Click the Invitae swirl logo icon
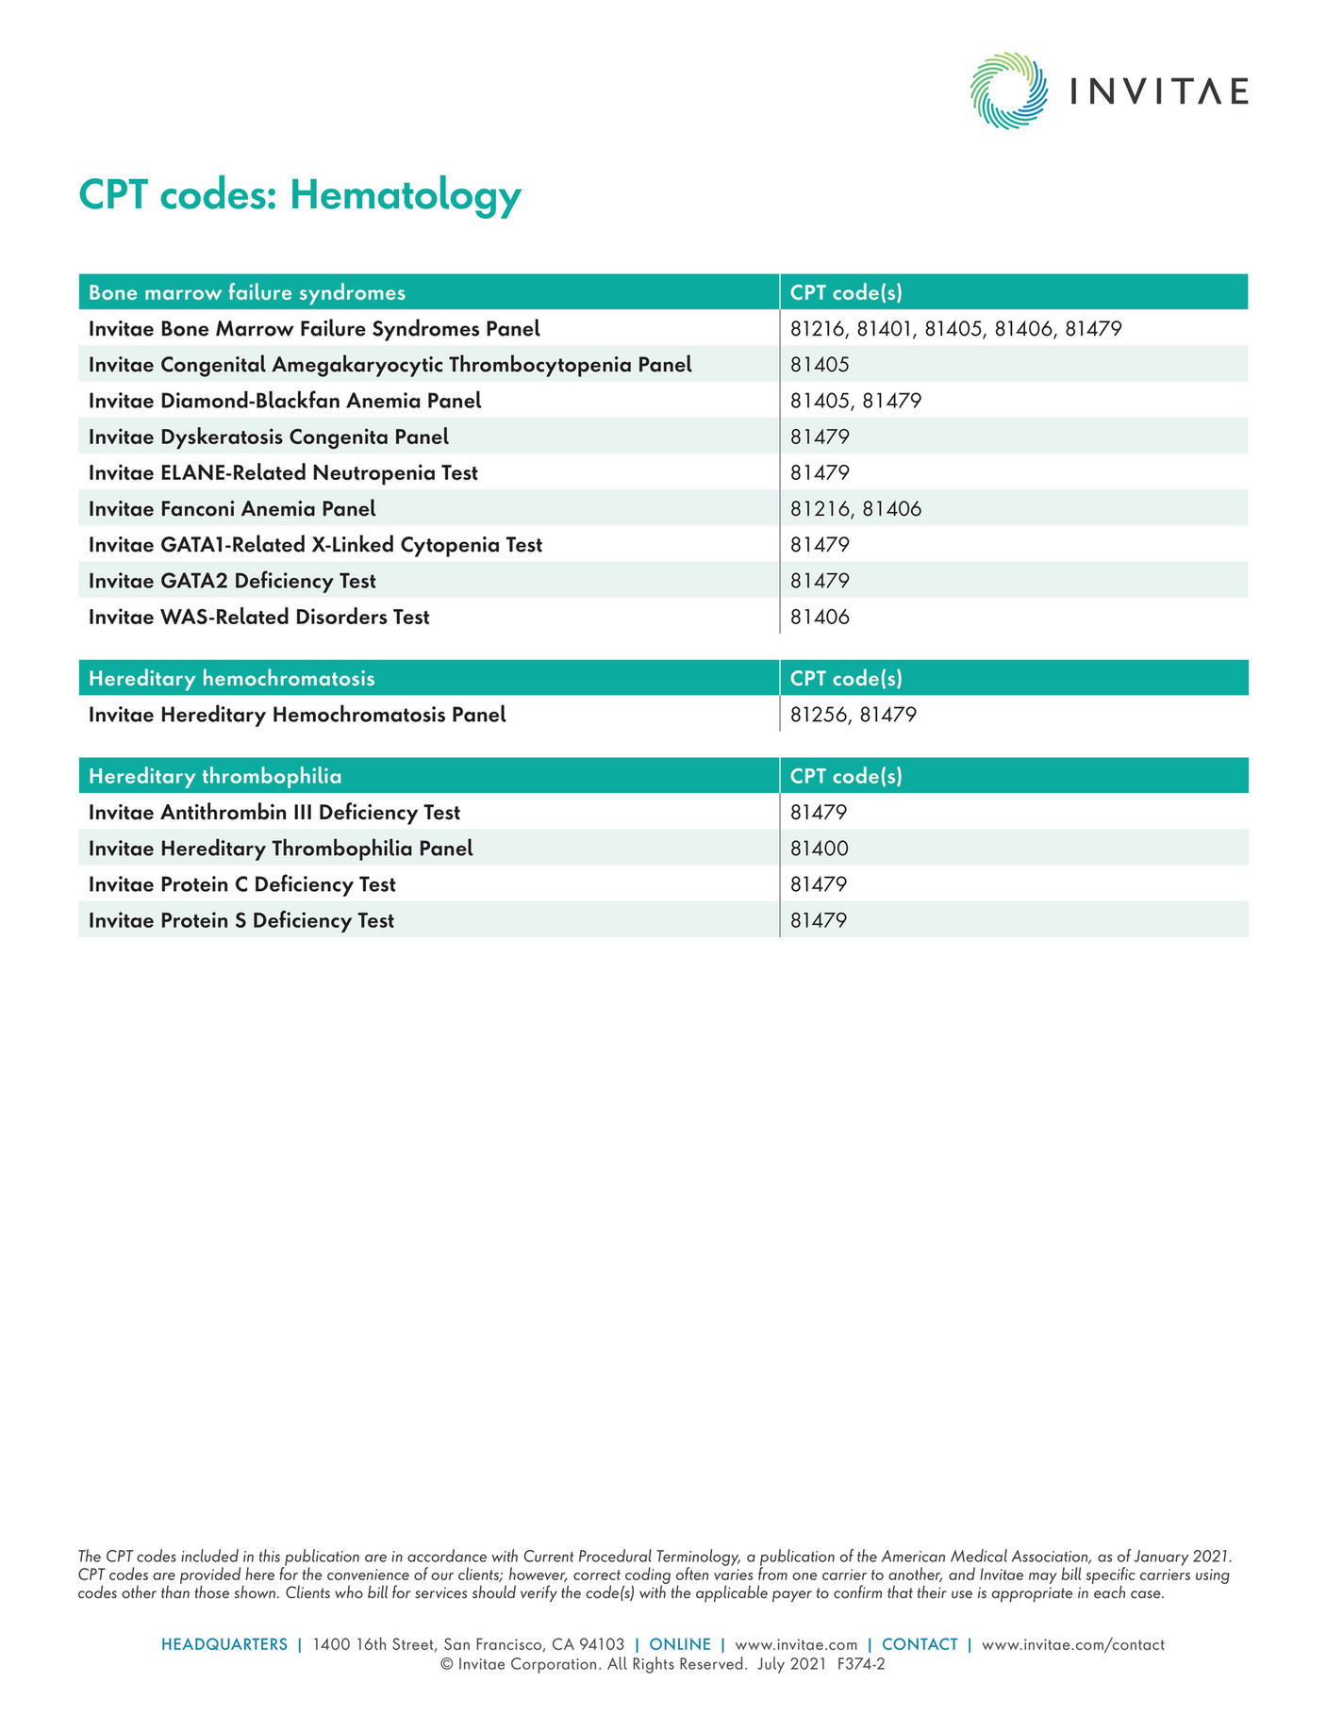point(1008,91)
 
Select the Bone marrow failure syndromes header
point(247,292)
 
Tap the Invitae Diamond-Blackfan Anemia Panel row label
point(285,401)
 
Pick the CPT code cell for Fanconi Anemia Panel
point(855,509)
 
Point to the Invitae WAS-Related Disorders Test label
point(259,618)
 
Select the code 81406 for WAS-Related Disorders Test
point(820,618)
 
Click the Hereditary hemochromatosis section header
point(232,679)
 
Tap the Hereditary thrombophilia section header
point(215,776)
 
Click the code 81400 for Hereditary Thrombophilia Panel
point(820,849)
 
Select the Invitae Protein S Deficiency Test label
point(241,920)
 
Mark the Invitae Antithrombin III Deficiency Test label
point(274,813)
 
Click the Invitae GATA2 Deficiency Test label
point(232,581)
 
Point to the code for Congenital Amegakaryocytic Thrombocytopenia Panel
point(820,365)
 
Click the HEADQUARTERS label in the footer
point(224,1644)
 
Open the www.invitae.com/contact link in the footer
point(1073,1644)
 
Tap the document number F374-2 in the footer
point(861,1665)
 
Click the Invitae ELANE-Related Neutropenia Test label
point(283,472)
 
